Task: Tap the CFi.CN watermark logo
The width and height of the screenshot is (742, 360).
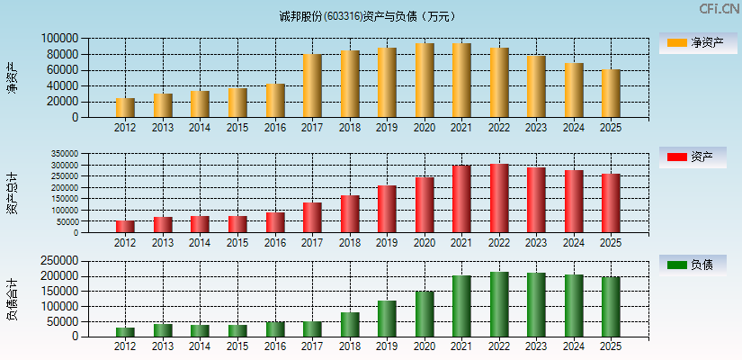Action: [719, 9]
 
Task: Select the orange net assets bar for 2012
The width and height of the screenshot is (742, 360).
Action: [125, 108]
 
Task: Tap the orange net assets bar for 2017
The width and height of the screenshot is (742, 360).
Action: [312, 86]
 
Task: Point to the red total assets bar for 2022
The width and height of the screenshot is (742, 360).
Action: [499, 199]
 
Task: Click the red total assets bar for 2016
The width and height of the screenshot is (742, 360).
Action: [275, 222]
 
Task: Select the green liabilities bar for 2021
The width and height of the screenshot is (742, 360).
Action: [461, 306]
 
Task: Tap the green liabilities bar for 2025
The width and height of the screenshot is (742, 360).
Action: [611, 307]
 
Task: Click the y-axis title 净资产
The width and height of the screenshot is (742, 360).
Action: [12, 77]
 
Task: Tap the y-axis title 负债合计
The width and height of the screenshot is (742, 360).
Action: [12, 299]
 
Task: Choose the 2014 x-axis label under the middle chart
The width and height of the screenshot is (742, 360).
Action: [200, 242]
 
